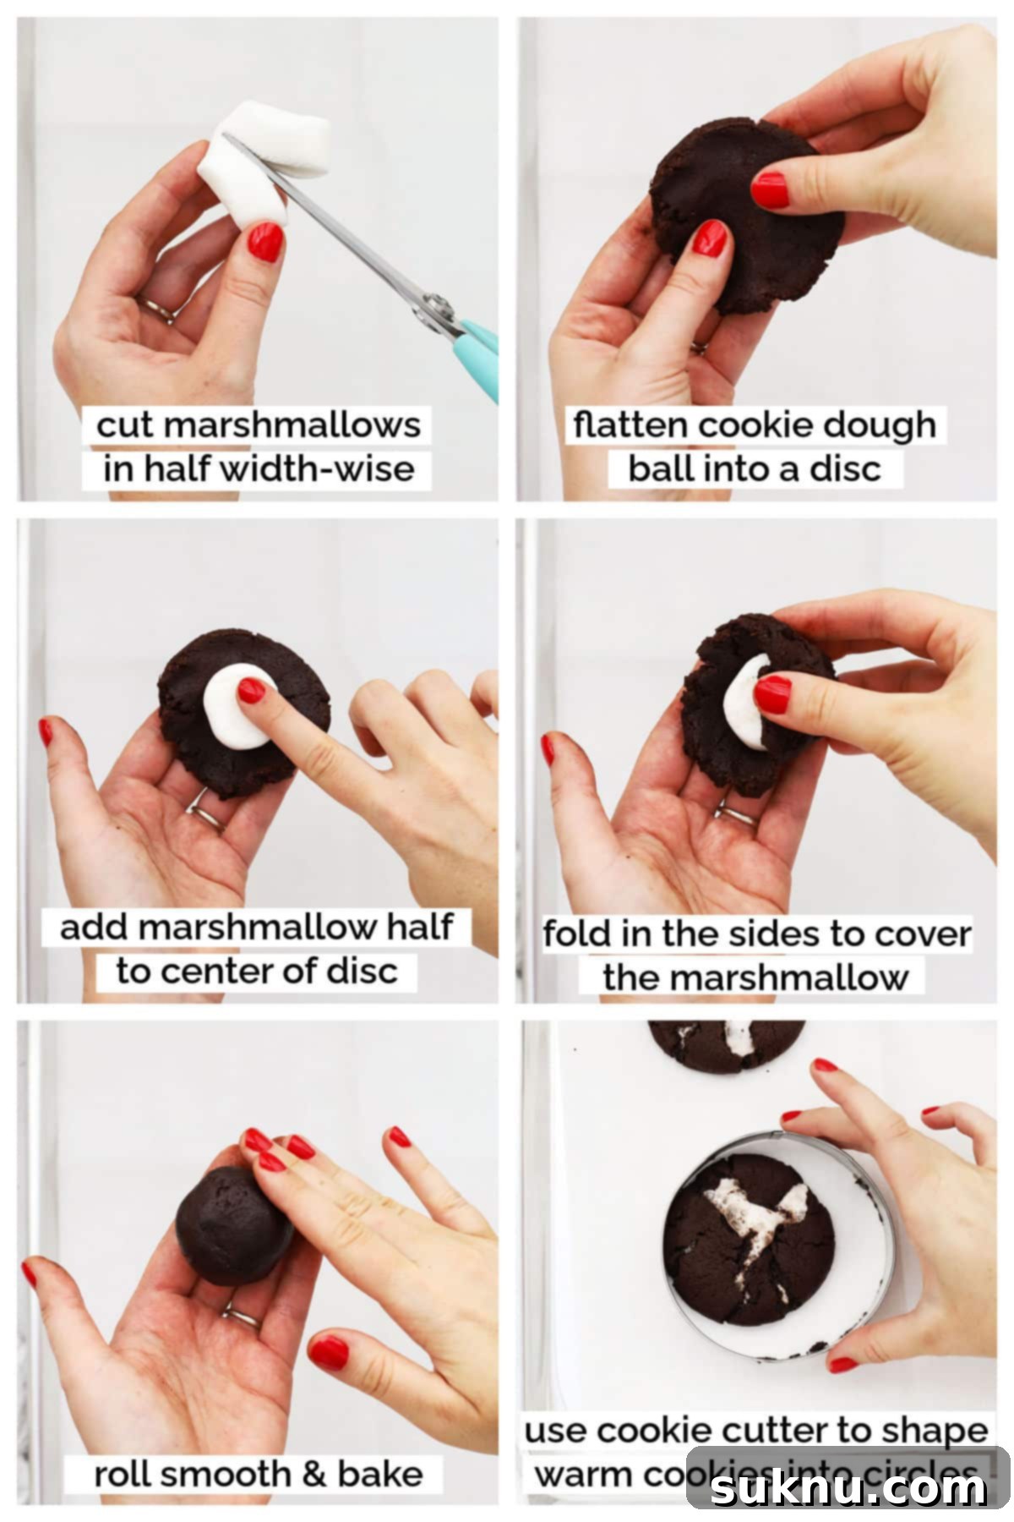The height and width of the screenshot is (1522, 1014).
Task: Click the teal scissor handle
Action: (x=477, y=355)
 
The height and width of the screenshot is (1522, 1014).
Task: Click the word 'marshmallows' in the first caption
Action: (x=292, y=425)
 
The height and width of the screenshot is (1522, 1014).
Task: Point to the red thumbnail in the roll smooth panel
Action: (x=329, y=1353)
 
